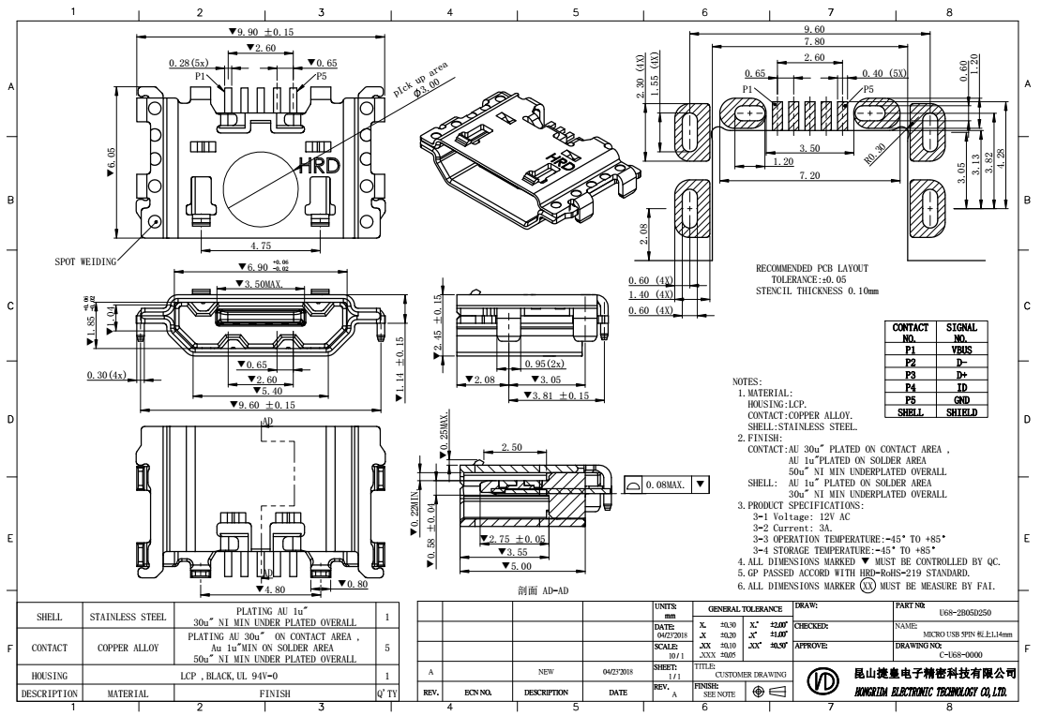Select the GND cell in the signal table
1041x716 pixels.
[961, 398]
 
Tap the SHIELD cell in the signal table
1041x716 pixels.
[961, 410]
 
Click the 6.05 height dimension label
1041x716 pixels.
[113, 165]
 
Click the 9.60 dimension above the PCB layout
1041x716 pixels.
[813, 30]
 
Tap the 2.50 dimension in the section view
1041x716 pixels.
[511, 447]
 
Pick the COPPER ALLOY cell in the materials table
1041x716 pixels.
[127, 648]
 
